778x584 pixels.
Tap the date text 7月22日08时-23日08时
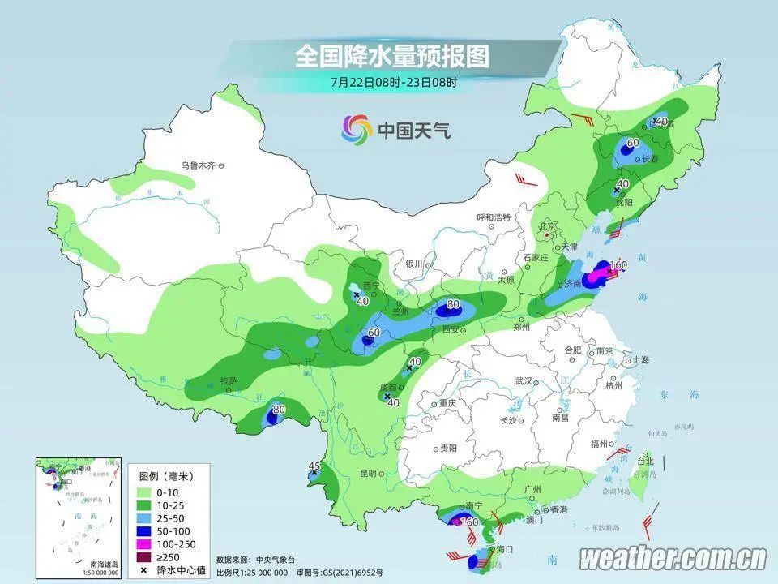point(394,82)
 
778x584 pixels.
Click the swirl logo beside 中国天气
point(357,128)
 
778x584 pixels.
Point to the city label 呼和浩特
point(494,217)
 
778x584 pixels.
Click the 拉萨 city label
point(228,380)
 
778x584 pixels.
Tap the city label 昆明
point(369,473)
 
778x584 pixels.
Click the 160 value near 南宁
point(468,522)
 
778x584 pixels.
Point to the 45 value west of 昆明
point(315,466)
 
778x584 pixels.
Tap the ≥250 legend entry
point(165,556)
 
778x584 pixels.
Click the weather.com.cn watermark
point(673,558)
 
